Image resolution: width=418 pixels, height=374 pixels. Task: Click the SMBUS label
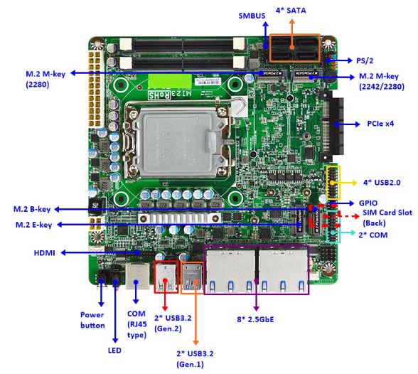click(x=252, y=16)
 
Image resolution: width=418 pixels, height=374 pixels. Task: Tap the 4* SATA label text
click(x=291, y=11)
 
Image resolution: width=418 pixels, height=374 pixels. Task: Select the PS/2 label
click(x=365, y=60)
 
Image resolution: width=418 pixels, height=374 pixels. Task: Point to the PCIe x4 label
click(x=380, y=124)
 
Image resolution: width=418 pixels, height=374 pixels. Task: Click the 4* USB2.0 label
click(x=382, y=183)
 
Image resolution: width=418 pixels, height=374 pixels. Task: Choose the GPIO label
click(x=368, y=203)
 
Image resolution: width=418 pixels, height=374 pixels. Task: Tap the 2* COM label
click(x=373, y=235)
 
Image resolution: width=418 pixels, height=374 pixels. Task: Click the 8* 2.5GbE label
click(x=255, y=319)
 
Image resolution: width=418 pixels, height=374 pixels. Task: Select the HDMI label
click(x=45, y=252)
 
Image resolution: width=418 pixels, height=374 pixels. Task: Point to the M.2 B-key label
click(x=32, y=209)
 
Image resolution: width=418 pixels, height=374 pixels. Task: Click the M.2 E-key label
click(x=34, y=225)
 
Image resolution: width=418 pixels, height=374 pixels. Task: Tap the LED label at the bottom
click(x=114, y=351)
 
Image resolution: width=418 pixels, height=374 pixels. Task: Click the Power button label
click(x=92, y=320)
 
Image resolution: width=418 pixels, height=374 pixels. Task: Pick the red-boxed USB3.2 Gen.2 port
click(x=166, y=277)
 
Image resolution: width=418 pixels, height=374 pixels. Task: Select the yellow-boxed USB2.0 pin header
click(x=333, y=183)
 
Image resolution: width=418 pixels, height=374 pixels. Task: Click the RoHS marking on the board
click(x=159, y=95)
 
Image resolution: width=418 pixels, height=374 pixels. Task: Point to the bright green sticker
click(x=170, y=81)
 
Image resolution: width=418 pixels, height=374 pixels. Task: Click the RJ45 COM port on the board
click(x=138, y=276)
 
